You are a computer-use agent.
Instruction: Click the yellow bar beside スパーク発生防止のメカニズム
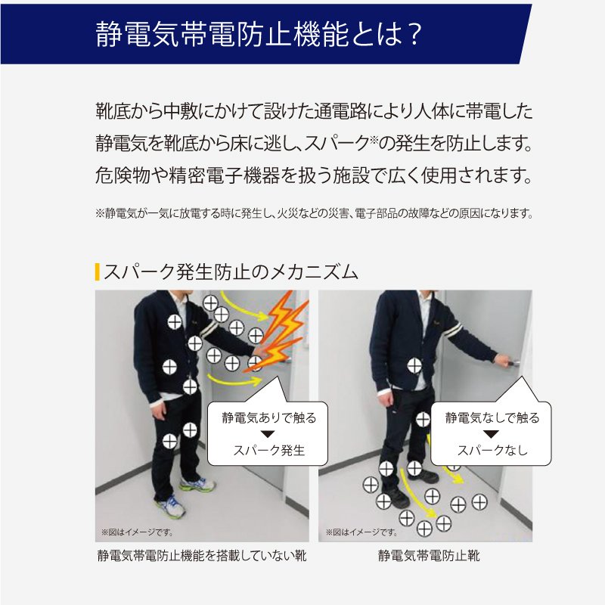[98, 271]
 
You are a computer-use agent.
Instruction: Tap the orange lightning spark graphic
[277, 333]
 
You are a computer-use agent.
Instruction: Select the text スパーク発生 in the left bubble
[269, 450]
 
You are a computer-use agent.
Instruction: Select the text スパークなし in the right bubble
[492, 450]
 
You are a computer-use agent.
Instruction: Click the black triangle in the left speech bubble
[268, 434]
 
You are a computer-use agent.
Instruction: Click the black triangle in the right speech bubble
[491, 434]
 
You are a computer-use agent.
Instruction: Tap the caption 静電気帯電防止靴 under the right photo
[429, 556]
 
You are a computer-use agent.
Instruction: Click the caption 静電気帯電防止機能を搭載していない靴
[202, 556]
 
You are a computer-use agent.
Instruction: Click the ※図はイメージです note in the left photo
[138, 532]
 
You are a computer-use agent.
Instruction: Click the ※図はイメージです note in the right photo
[361, 532]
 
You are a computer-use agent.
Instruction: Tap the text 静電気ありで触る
[269, 418]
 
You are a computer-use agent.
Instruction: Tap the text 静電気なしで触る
[492, 418]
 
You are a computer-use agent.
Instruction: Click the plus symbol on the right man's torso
[414, 366]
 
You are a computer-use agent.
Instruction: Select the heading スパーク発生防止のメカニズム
[231, 272]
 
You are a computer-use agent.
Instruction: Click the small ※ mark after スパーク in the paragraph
[373, 139]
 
